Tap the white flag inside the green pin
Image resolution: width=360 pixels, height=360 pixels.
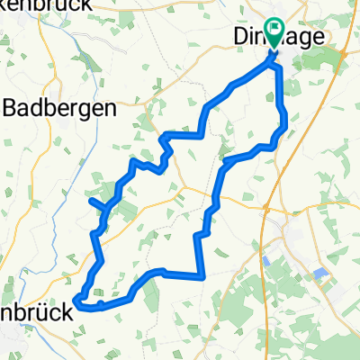click(274, 35)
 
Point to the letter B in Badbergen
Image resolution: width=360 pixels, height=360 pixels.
click(13, 109)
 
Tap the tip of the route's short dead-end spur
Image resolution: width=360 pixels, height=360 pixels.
click(90, 200)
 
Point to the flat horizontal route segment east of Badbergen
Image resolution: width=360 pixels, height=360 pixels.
click(184, 136)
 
